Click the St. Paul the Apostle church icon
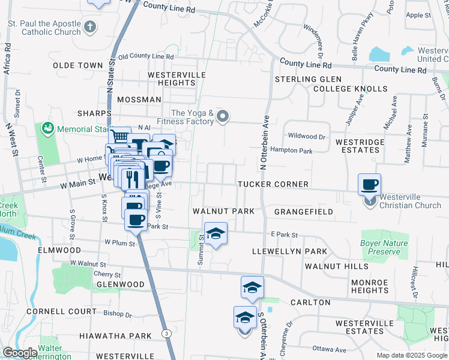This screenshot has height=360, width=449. pos(90,26)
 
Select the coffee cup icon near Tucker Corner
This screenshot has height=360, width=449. pos(369,184)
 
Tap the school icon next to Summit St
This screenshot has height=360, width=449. pos(215,233)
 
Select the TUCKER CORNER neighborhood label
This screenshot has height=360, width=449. pos(273,184)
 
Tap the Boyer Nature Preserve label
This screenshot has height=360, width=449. pos(384,248)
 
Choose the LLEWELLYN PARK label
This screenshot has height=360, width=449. pos(289,251)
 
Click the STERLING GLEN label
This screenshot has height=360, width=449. pos(308,79)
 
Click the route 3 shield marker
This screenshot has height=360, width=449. pos(166,333)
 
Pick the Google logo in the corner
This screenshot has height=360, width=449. pos(20,353)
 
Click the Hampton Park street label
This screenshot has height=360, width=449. pos(291,149)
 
